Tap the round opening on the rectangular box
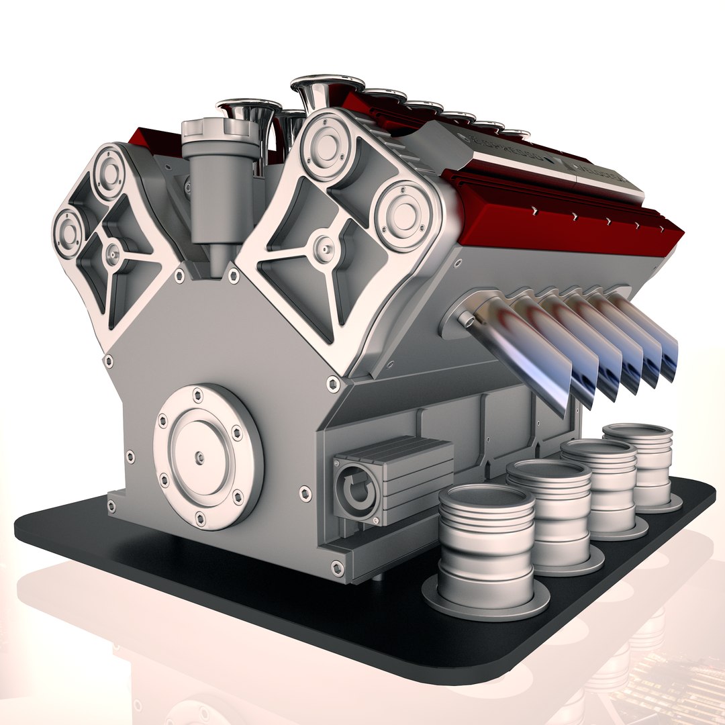[356, 493]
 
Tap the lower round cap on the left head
[68, 232]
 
